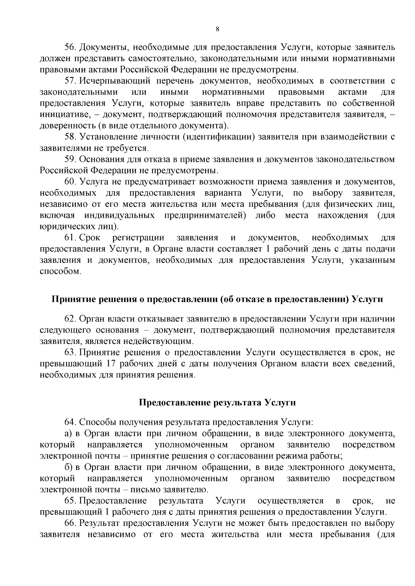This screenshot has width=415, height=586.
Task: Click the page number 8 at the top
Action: [217, 29]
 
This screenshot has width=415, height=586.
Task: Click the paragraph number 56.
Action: [70, 47]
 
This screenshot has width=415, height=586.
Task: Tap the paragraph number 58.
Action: [70, 137]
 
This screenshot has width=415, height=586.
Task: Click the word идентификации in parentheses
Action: [219, 137]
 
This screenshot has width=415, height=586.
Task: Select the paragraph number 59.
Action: [70, 160]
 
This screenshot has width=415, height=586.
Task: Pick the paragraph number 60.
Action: [70, 182]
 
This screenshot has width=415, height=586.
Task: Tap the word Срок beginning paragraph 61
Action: [90, 238]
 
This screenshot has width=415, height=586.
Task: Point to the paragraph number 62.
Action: [70, 319]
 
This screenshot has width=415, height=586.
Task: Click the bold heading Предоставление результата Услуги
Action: [217, 403]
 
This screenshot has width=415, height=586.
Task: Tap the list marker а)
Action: [68, 434]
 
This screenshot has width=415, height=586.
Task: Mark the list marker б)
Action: [68, 468]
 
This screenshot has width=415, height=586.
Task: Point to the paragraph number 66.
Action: [70, 523]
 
